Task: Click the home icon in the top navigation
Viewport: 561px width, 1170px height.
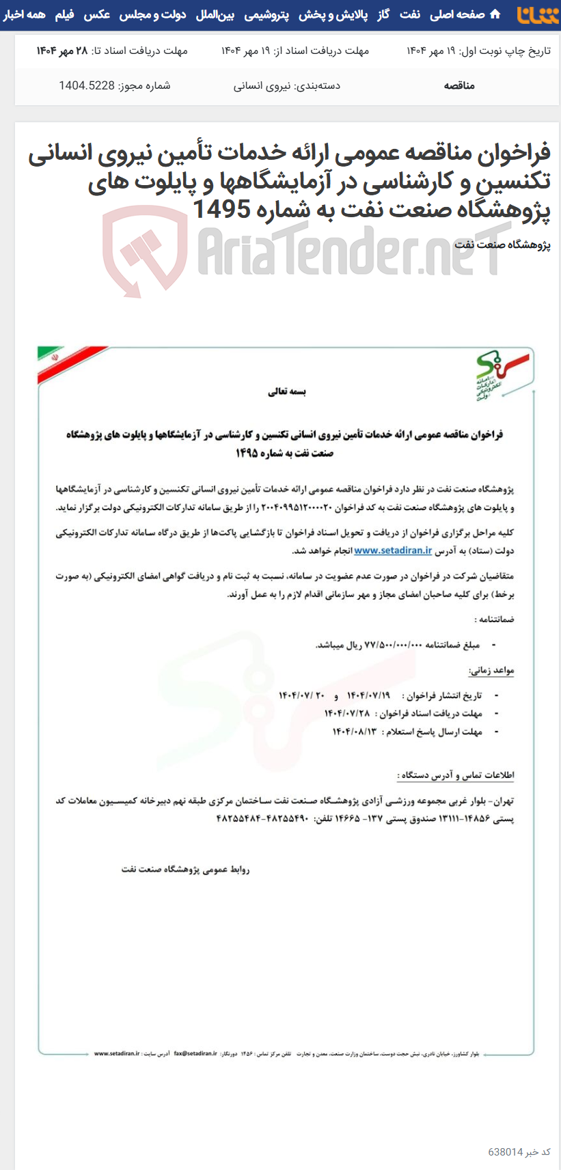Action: (x=495, y=14)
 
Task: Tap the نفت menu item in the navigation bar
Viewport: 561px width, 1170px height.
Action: (x=410, y=14)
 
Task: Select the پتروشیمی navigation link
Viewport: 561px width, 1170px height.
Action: (x=267, y=14)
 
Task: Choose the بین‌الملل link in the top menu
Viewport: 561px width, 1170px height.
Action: (x=215, y=14)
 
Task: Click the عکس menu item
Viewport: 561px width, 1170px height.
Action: (x=97, y=14)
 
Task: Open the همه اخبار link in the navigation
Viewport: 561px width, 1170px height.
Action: (x=25, y=14)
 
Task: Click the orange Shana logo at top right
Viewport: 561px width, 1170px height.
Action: (x=538, y=15)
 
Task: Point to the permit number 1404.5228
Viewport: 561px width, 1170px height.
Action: (x=87, y=85)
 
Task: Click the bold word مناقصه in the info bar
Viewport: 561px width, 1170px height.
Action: (x=459, y=85)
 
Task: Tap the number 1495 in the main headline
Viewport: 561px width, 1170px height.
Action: (x=221, y=209)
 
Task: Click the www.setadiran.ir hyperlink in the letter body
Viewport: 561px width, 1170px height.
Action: (x=393, y=551)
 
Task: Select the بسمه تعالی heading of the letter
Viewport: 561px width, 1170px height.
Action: (x=287, y=392)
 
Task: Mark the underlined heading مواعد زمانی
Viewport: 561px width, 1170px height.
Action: (x=491, y=671)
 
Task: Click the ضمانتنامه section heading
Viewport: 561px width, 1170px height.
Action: (x=495, y=619)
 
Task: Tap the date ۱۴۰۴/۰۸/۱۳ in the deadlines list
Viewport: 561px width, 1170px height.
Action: (x=355, y=732)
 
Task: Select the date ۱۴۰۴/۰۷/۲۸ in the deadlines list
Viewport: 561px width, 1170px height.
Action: (x=347, y=713)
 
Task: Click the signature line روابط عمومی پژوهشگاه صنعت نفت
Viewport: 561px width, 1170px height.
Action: (x=185, y=869)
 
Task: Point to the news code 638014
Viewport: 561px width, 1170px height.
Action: (x=506, y=1152)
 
